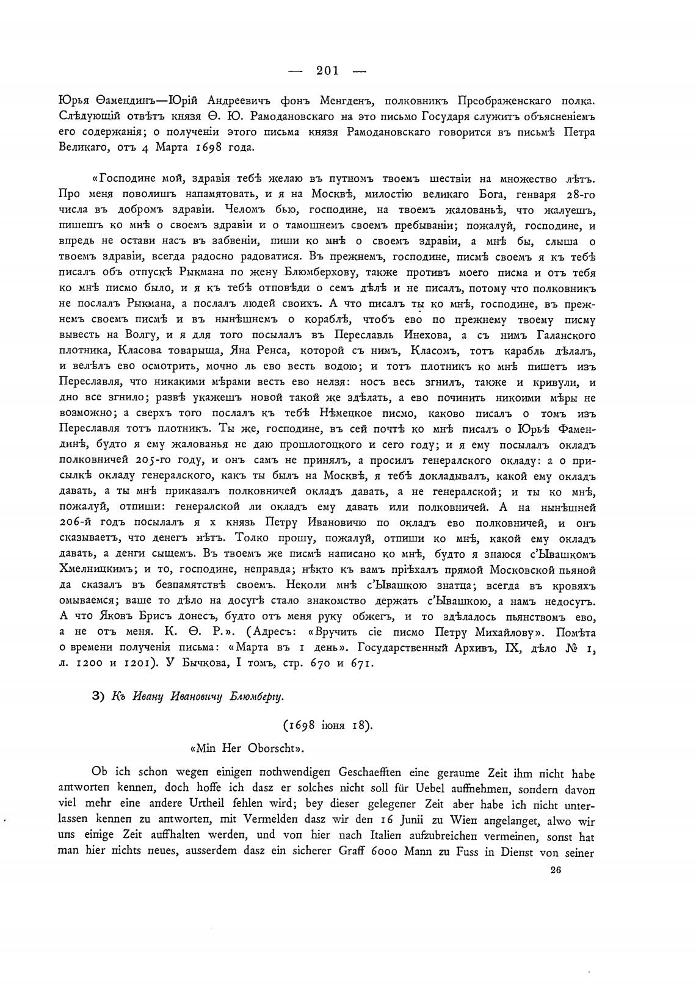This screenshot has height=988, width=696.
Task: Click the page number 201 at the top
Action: [x=327, y=70]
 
